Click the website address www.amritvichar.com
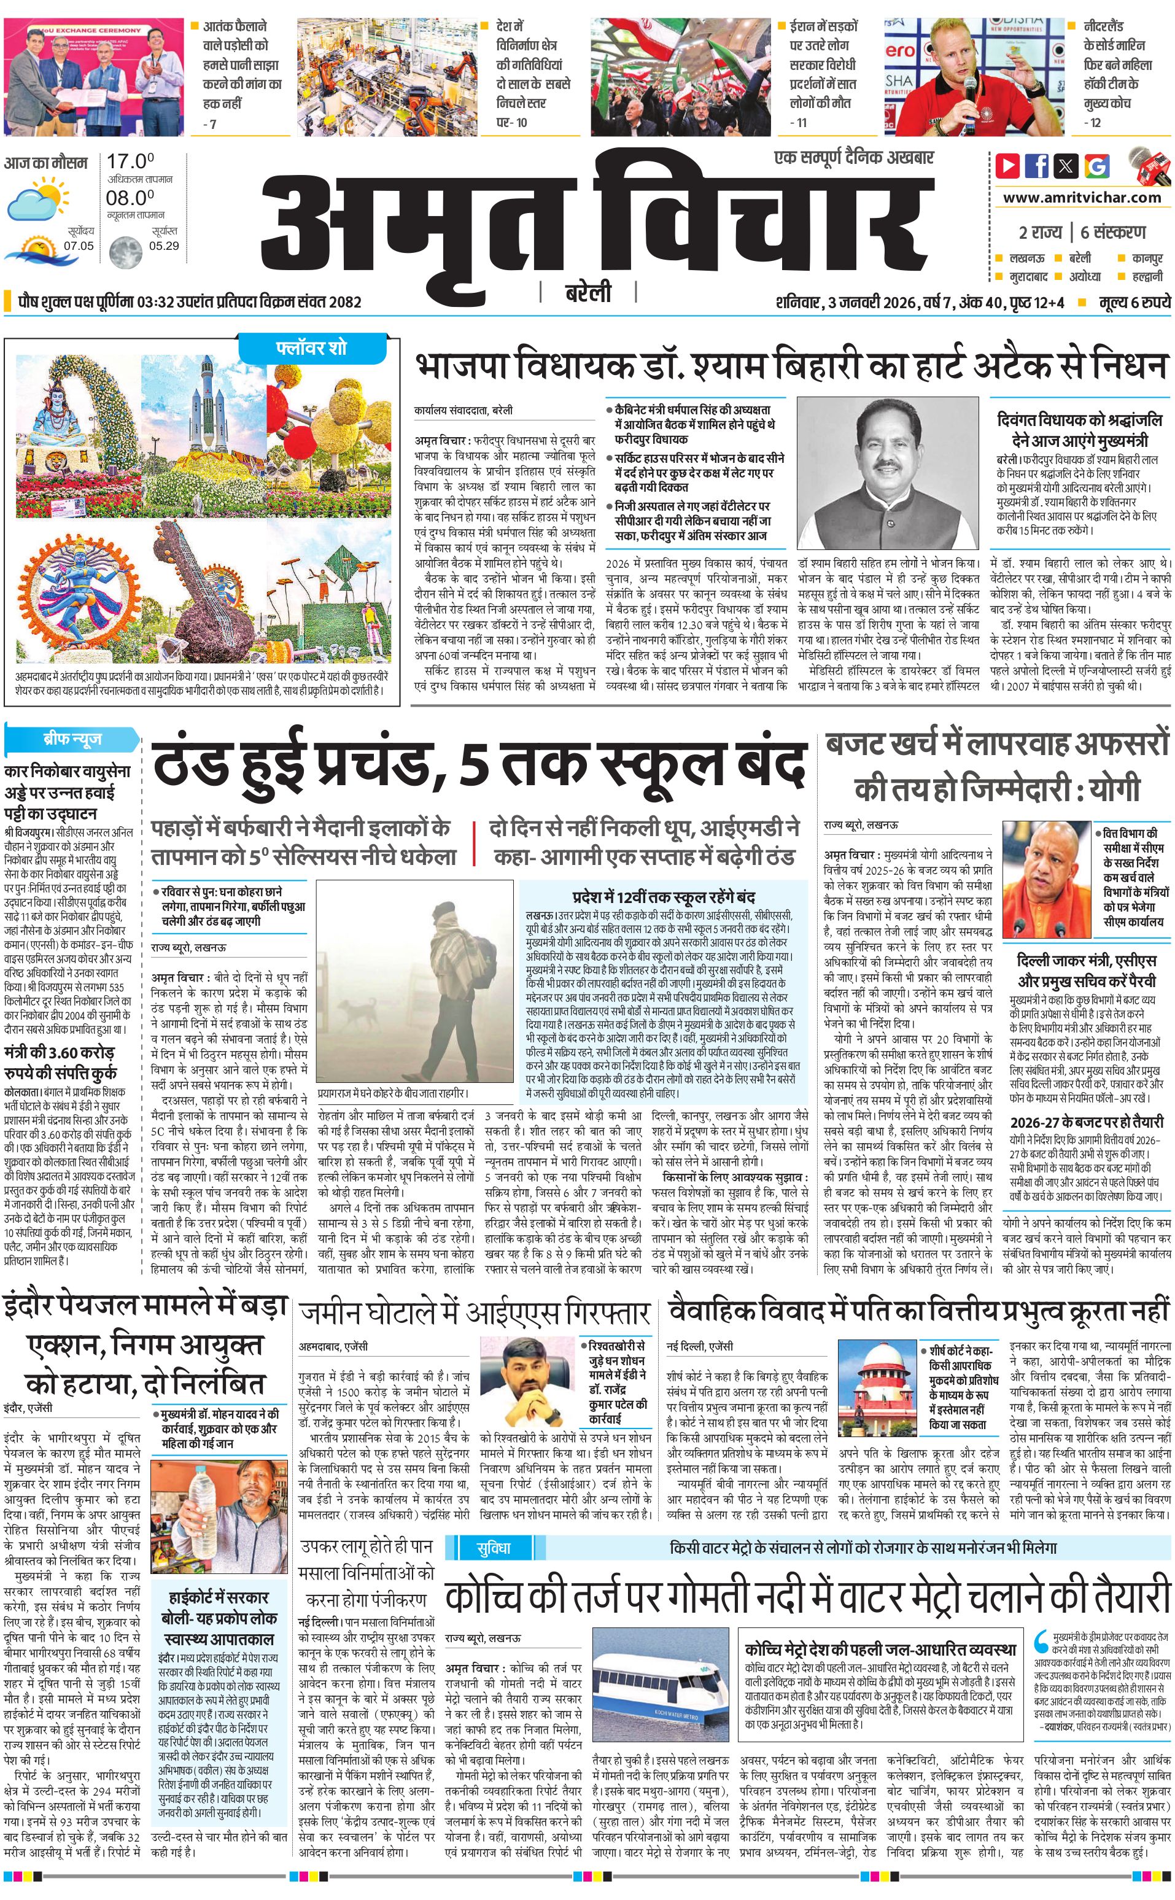(x=1082, y=198)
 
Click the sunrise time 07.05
(x=79, y=246)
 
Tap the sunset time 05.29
(x=164, y=246)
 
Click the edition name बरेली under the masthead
(x=588, y=292)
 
